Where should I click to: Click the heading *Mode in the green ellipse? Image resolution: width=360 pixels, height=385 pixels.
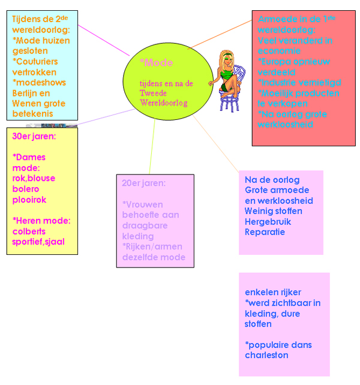(156, 62)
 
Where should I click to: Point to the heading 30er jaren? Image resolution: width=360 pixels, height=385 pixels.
(34, 136)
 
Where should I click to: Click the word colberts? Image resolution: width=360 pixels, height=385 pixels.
(29, 231)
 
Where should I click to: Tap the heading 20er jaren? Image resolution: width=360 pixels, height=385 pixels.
(143, 183)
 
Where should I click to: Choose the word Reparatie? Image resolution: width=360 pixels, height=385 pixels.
(265, 232)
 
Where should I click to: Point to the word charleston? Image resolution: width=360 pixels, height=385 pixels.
(266, 355)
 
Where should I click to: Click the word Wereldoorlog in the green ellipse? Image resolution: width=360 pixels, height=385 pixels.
(164, 103)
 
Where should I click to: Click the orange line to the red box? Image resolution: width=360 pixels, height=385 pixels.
(222, 34)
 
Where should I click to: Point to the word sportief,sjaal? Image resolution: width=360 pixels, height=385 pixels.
(38, 242)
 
